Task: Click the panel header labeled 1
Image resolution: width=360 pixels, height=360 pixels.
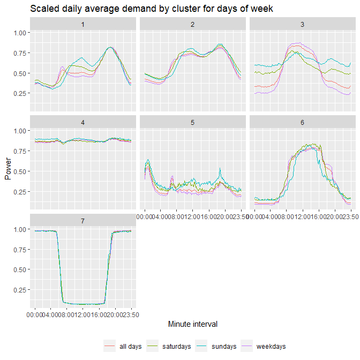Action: click(82, 25)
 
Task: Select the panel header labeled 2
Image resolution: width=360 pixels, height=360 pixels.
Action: click(192, 25)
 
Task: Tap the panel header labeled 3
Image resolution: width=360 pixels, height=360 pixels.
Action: click(302, 25)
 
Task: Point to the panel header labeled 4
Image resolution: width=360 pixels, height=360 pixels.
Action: click(82, 123)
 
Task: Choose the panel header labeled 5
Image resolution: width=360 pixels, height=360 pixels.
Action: click(192, 123)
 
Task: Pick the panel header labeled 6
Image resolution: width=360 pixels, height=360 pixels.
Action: click(302, 123)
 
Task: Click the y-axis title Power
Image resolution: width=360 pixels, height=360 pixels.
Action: click(7, 170)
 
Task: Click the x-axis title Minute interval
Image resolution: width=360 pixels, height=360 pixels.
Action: click(192, 324)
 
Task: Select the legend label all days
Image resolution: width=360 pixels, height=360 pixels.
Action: click(131, 347)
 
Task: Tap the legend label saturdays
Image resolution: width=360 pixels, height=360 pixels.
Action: click(176, 347)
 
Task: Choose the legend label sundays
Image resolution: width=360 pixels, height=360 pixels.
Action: click(223, 347)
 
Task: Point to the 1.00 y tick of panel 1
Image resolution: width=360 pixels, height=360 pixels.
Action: click(19, 33)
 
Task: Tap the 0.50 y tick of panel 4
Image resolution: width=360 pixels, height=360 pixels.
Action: click(19, 171)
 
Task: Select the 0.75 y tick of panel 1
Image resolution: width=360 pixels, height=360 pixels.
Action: click(19, 53)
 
